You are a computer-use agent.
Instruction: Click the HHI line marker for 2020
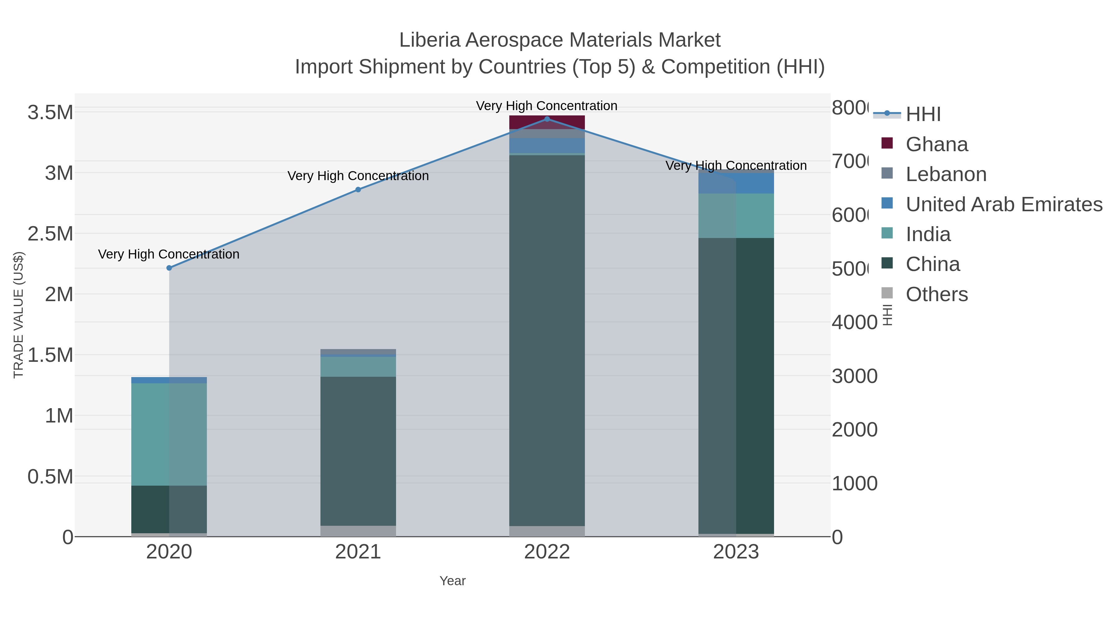pyautogui.click(x=169, y=268)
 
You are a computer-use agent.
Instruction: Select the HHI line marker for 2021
pyautogui.click(x=358, y=189)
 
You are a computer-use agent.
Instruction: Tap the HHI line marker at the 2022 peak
pyautogui.click(x=547, y=119)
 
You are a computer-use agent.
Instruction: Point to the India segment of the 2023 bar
pyautogui.click(x=754, y=216)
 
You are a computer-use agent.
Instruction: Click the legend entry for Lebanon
pyautogui.click(x=946, y=174)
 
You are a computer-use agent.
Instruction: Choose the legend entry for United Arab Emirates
pyautogui.click(x=1003, y=204)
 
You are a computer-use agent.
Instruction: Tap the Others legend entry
pyautogui.click(x=936, y=294)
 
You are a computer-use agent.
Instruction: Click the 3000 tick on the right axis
pyautogui.click(x=854, y=376)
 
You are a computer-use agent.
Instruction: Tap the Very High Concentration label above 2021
pyautogui.click(x=358, y=176)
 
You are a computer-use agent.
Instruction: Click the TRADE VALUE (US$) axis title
pyautogui.click(x=18, y=315)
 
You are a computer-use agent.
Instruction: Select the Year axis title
pyautogui.click(x=452, y=581)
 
